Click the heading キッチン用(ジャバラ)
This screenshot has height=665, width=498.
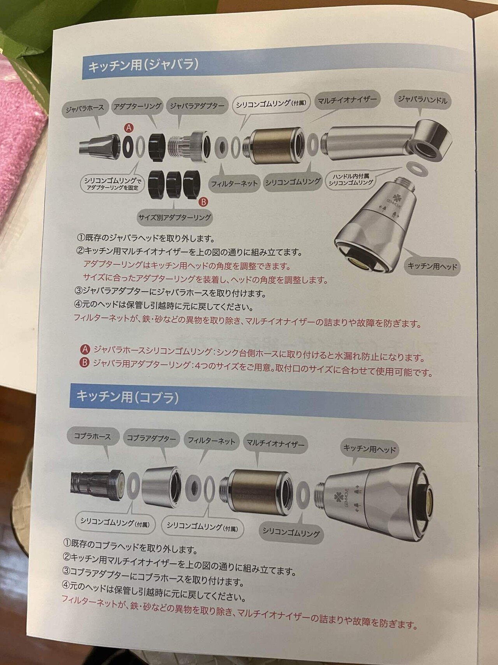coord(143,65)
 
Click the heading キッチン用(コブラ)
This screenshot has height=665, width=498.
coord(128,397)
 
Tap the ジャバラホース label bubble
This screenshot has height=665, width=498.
coord(85,109)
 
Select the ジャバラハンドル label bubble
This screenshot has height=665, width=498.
coord(423,100)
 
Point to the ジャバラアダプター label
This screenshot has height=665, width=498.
coord(197,106)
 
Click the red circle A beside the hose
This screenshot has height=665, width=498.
coord(128,128)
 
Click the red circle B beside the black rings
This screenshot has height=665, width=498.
coord(203,202)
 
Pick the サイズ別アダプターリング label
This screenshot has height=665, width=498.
coord(175,217)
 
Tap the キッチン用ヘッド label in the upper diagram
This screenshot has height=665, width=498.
coord(432,266)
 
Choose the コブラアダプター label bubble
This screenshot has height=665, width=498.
coord(151,438)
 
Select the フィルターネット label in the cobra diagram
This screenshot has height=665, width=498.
coord(211,441)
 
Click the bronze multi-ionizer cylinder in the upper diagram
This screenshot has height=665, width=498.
coord(274,145)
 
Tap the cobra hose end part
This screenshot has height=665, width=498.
coord(97,485)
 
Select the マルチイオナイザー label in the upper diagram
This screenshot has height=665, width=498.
coord(347,100)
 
